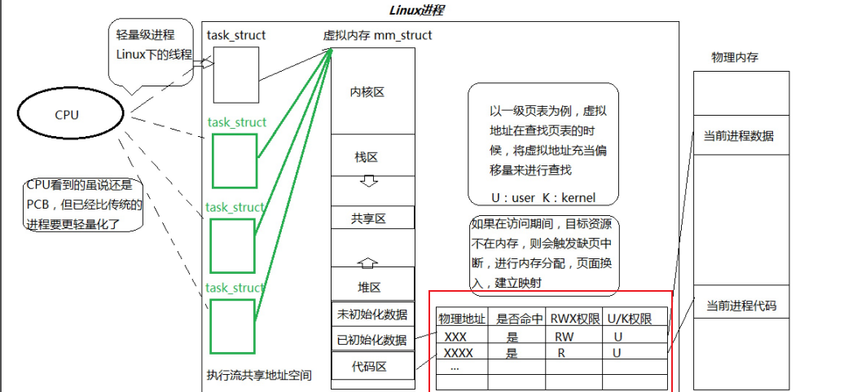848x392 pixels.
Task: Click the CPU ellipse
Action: pyautogui.click(x=67, y=115)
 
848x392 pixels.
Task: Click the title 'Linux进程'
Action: pyautogui.click(x=417, y=11)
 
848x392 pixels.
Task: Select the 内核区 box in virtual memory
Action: pyautogui.click(x=367, y=92)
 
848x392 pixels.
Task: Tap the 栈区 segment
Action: pyautogui.click(x=367, y=156)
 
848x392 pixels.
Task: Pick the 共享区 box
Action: pyautogui.click(x=368, y=218)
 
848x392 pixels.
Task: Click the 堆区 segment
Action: pyautogui.click(x=368, y=287)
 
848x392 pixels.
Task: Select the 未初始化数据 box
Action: pyautogui.click(x=371, y=314)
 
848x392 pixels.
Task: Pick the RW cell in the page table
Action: pyautogui.click(x=562, y=336)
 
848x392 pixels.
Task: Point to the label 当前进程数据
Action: pyautogui.click(x=739, y=136)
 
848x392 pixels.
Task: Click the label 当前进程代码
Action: pyautogui.click(x=740, y=306)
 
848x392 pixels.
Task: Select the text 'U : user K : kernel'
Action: pyautogui.click(x=543, y=197)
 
